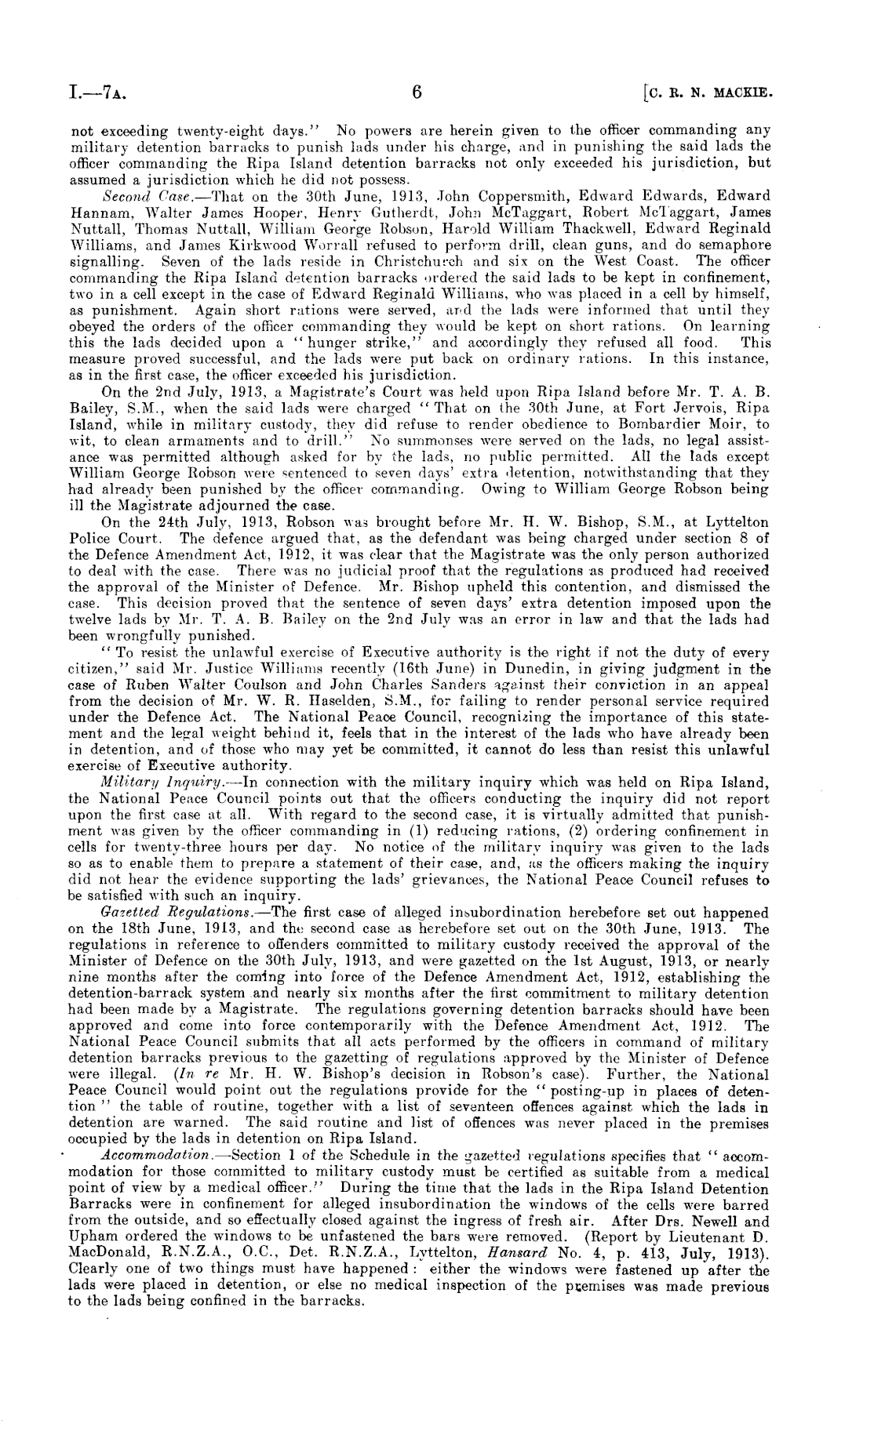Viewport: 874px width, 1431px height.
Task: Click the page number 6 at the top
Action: pyautogui.click(x=417, y=95)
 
